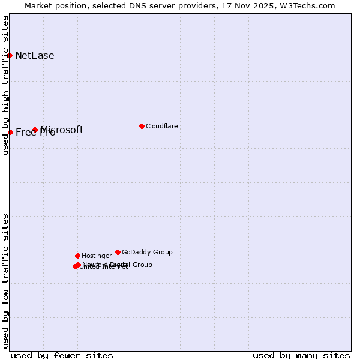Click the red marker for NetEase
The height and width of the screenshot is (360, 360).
[10, 55]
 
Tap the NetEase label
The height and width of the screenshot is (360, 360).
[35, 56]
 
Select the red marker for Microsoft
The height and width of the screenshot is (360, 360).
[35, 130]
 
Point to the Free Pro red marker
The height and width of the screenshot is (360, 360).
[10, 132]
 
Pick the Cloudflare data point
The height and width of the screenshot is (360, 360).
[142, 126]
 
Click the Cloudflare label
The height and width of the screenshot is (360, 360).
[162, 126]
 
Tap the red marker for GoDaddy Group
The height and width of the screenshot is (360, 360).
[118, 252]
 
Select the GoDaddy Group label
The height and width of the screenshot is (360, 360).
[147, 252]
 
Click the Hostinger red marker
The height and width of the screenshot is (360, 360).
[77, 256]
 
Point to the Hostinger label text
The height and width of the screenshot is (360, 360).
[97, 256]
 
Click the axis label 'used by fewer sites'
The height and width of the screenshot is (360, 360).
[62, 355]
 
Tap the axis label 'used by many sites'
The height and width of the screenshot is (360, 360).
[301, 355]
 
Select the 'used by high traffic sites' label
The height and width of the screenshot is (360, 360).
[5, 85]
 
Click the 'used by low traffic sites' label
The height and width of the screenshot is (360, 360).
[5, 281]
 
